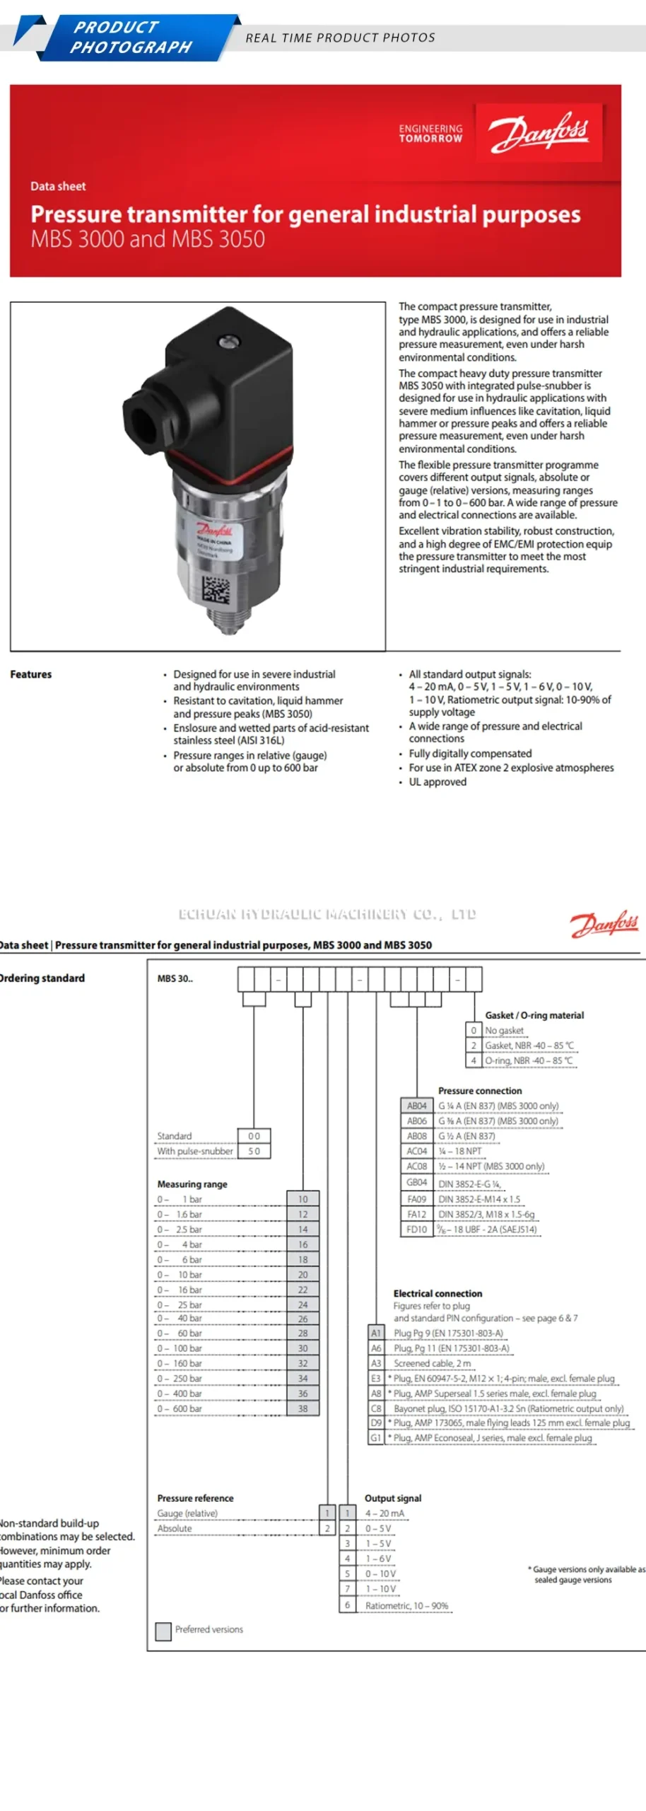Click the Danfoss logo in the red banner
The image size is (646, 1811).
(539, 132)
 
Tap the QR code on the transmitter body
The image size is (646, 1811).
(216, 589)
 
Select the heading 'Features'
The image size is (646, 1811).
(31, 674)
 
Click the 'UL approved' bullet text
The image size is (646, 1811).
(437, 782)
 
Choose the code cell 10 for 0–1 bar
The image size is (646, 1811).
(303, 1198)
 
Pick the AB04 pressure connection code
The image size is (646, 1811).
(416, 1105)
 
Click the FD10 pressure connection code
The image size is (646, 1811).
(416, 1229)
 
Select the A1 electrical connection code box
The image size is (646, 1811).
(376, 1332)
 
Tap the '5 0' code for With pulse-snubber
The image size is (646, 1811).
(254, 1151)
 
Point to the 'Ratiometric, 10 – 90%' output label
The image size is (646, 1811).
(406, 1605)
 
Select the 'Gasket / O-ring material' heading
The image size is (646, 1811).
(534, 1015)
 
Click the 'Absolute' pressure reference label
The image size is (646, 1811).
(175, 1528)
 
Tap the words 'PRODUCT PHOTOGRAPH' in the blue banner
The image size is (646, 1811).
(131, 37)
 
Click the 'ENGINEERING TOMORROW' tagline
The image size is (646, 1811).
(430, 134)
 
